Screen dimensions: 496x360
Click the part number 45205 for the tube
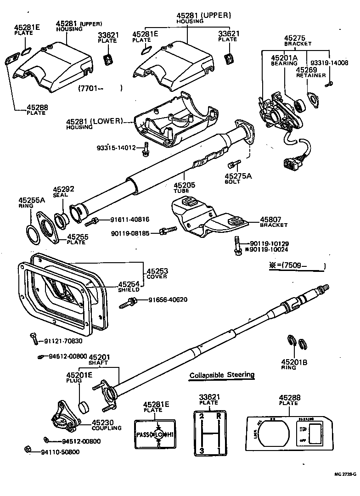(184, 185)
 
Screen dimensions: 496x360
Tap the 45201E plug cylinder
(83, 406)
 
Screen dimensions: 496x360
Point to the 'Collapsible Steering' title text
(222, 375)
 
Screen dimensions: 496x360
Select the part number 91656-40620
(168, 300)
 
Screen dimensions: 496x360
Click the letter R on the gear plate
(219, 417)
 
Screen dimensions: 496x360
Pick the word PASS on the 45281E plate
(143, 434)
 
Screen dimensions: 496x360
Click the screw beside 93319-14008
(329, 84)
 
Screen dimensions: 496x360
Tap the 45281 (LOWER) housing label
(95, 121)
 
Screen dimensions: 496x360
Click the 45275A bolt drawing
(233, 164)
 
